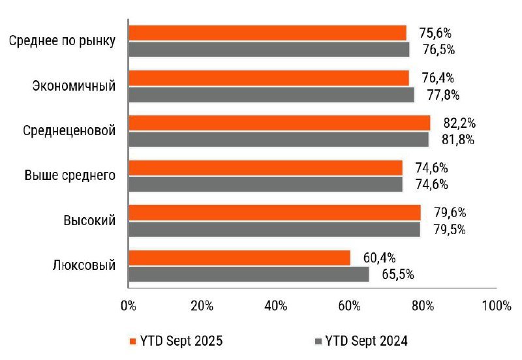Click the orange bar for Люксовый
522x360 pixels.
[x=239, y=258]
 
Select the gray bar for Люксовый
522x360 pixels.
[x=249, y=275]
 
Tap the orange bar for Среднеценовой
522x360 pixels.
[x=279, y=123]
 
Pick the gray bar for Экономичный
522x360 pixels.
[x=271, y=95]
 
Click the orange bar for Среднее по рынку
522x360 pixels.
[x=268, y=33]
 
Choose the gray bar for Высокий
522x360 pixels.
[x=275, y=230]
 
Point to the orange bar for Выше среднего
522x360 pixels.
[x=266, y=168]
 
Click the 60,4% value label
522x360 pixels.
[x=379, y=258]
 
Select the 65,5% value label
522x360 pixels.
[x=397, y=275]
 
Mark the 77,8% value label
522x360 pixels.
[x=443, y=95]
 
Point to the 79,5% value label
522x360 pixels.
[x=449, y=230]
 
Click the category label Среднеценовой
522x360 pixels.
[x=69, y=130]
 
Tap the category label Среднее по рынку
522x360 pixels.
[x=63, y=41]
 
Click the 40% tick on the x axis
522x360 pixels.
[x=276, y=307]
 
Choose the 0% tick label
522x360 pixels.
[x=129, y=307]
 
